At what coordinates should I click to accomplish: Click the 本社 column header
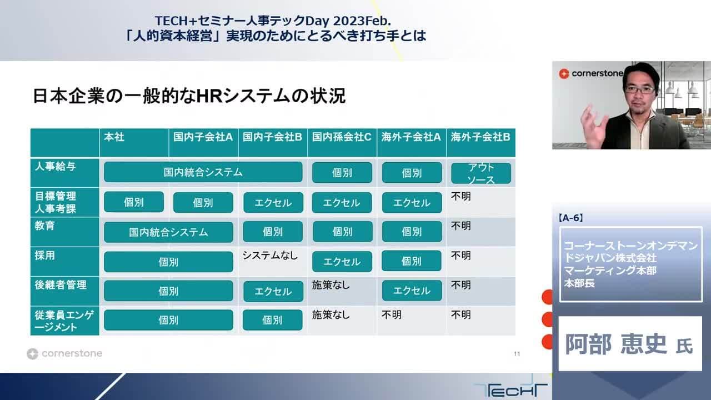114,137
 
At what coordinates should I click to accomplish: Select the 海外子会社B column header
480,137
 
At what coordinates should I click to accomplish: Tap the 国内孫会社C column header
342,137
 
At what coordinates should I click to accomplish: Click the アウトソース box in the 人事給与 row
480,173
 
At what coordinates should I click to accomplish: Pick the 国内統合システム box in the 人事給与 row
203,172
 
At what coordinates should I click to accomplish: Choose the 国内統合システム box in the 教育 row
168,232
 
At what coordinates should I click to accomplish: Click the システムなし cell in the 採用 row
270,256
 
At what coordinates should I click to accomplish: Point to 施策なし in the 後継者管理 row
331,285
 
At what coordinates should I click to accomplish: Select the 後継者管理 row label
61,285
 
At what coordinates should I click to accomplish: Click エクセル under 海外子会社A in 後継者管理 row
412,291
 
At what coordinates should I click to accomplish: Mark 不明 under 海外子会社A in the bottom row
392,314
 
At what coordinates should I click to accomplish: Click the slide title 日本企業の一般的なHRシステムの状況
189,96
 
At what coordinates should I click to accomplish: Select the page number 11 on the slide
517,354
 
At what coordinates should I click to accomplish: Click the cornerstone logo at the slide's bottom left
64,353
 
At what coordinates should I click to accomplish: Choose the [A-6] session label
572,218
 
